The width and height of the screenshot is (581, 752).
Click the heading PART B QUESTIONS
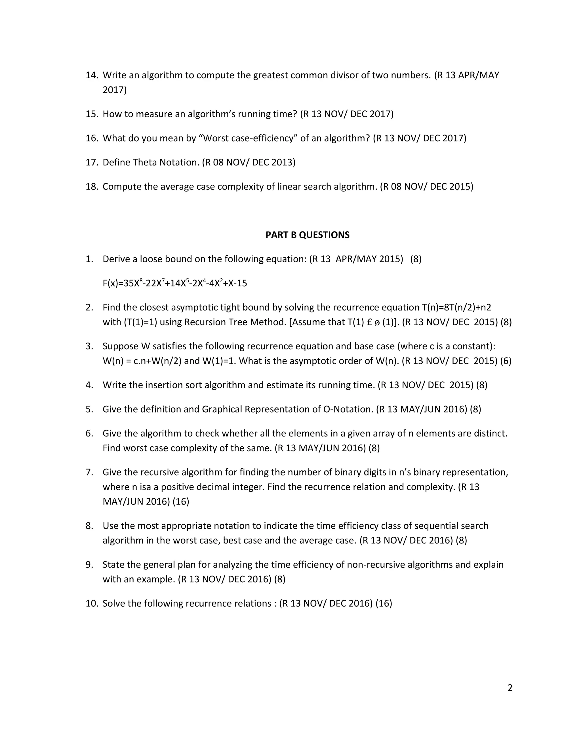coord(307,235)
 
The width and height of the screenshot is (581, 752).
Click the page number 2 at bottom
coord(510,688)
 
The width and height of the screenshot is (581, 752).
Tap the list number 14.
coord(92,75)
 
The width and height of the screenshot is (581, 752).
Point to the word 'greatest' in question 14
coord(270,75)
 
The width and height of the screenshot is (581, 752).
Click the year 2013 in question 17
coord(283,162)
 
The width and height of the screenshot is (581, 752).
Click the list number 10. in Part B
coord(92,603)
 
